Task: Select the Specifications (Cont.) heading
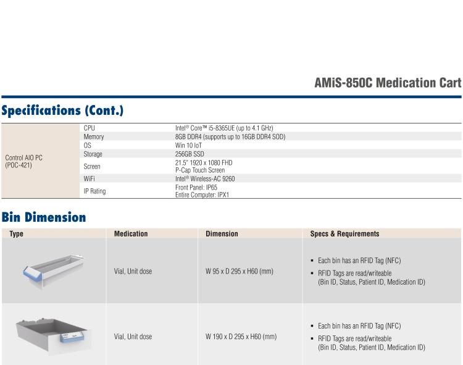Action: pyautogui.click(x=62, y=111)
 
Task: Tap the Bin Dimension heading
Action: pyautogui.click(x=43, y=217)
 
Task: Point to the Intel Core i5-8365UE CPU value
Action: pyautogui.click(x=224, y=128)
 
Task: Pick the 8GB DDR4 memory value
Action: pyautogui.click(x=230, y=136)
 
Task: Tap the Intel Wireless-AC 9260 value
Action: pyautogui.click(x=205, y=178)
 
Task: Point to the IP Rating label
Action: pyautogui.click(x=94, y=191)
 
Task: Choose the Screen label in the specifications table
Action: pyautogui.click(x=91, y=166)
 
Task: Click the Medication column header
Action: pyautogui.click(x=131, y=234)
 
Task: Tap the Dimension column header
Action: pyautogui.click(x=222, y=234)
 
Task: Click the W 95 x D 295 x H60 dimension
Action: pyautogui.click(x=240, y=271)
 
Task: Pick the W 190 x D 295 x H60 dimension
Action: pyautogui.click(x=241, y=337)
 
